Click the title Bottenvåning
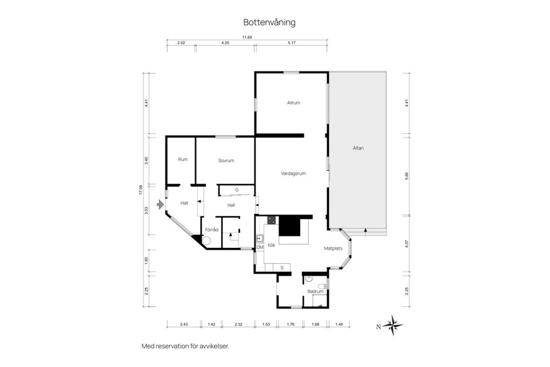269,22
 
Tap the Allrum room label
294,103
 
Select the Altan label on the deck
358,148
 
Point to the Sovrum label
226,161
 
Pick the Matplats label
333,248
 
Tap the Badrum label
315,291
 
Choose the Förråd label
211,229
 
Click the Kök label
272,245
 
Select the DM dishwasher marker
260,247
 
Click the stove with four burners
271,220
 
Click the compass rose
393,325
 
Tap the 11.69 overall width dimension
247,37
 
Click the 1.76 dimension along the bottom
290,325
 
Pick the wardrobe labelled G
236,190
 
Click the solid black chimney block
290,226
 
